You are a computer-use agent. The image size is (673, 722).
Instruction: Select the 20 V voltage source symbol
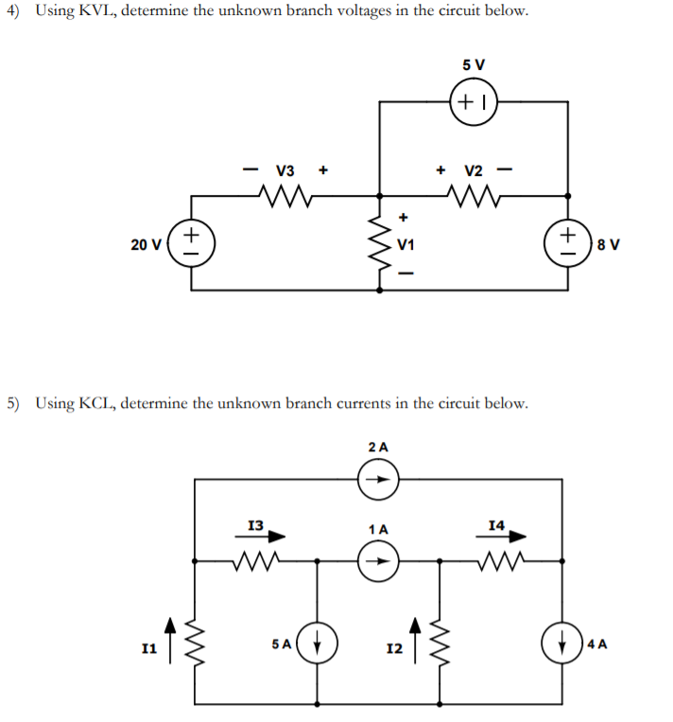pyautogui.click(x=193, y=244)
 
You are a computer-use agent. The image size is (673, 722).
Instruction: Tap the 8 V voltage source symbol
pyautogui.click(x=568, y=244)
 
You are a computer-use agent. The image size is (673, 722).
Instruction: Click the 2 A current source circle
pyautogui.click(x=379, y=480)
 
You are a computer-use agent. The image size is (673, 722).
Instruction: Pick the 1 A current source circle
pyautogui.click(x=379, y=560)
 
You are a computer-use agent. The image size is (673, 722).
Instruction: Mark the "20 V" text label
pyautogui.click(x=146, y=245)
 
